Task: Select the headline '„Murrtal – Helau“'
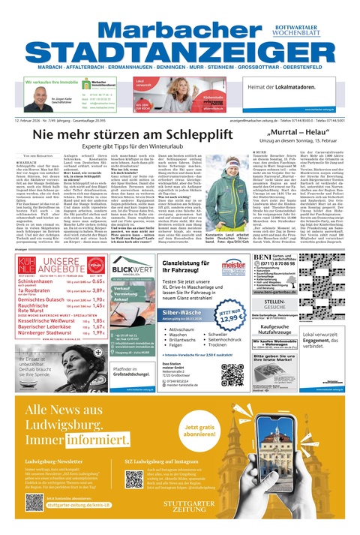[x=289, y=131]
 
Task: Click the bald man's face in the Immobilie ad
[x=38, y=99]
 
